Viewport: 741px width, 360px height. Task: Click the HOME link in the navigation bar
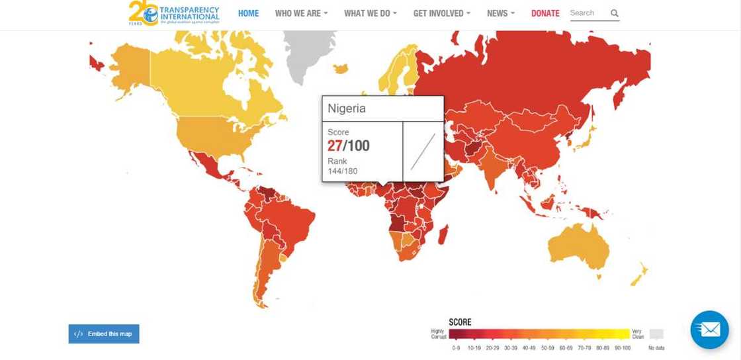(x=248, y=13)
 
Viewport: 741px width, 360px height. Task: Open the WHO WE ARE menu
(x=301, y=13)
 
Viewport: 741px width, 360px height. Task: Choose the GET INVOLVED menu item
(x=442, y=13)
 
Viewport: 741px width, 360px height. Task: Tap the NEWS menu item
(x=501, y=13)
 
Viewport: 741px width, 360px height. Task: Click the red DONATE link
(x=545, y=13)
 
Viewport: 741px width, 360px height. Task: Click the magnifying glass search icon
(x=615, y=13)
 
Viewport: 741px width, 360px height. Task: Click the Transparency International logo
(x=174, y=13)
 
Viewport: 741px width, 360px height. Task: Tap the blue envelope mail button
(x=709, y=329)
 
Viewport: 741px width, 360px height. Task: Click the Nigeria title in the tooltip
(x=347, y=108)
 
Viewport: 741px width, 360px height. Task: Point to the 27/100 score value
(x=349, y=146)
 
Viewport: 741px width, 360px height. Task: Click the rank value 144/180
(x=343, y=171)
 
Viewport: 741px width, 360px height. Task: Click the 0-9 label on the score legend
(x=455, y=347)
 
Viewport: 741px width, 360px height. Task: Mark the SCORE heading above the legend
(x=460, y=322)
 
